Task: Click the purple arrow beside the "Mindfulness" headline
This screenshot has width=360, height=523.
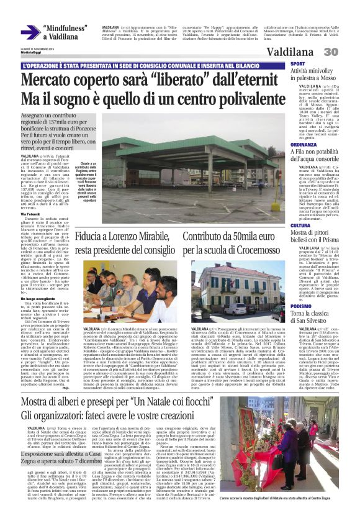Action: pyautogui.click(x=30, y=32)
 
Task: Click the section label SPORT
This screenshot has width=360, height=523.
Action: pyautogui.click(x=298, y=64)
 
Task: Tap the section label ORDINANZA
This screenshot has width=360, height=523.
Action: pyautogui.click(x=304, y=144)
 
